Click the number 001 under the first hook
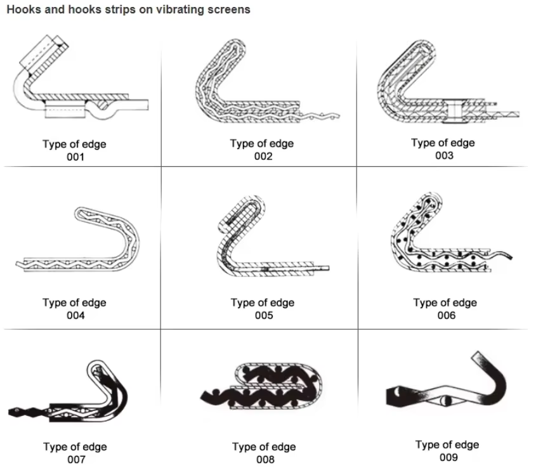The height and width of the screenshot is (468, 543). point(75,157)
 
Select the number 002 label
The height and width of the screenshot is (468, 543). point(263,156)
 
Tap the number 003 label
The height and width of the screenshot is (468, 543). point(444,155)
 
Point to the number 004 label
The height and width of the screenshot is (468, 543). point(75,315)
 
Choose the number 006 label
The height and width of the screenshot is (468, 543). point(446,315)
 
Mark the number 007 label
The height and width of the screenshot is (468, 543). point(75,459)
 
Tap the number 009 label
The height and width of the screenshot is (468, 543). point(447,457)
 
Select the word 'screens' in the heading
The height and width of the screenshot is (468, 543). point(226,10)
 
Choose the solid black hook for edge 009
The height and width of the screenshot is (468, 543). point(457,387)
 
